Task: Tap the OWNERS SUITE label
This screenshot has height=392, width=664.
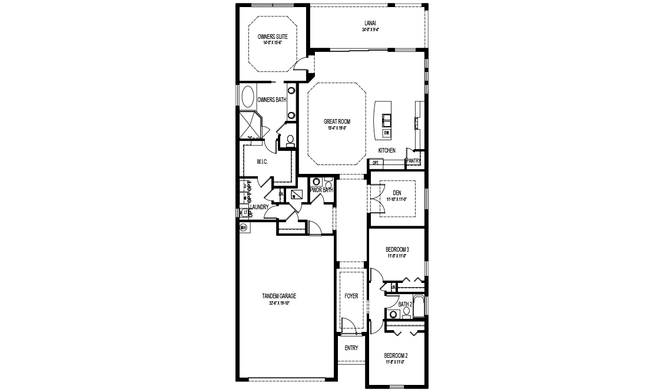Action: [x=272, y=37]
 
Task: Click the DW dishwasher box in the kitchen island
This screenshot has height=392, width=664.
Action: [x=386, y=133]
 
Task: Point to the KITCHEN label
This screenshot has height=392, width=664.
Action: [x=387, y=151]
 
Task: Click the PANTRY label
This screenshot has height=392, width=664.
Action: [x=413, y=160]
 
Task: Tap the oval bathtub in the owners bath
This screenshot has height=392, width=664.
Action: [x=248, y=97]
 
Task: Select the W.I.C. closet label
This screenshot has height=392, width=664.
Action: [x=263, y=162]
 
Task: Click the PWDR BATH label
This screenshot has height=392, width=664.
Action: [x=321, y=190]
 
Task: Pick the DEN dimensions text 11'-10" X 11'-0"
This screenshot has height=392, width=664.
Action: [x=397, y=199]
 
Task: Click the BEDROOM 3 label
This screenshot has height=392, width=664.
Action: [x=397, y=249]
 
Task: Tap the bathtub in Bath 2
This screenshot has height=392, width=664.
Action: [x=419, y=305]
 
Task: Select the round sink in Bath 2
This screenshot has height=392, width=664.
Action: [x=392, y=314]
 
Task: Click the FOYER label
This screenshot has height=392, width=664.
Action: [x=351, y=296]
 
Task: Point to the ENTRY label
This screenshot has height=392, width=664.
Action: [x=351, y=348]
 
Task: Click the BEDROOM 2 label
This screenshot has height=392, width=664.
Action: [x=396, y=355]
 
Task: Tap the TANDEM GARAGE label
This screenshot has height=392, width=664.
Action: [x=279, y=296]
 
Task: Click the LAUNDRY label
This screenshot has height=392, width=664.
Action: [x=259, y=207]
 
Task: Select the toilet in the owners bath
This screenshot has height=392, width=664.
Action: [x=290, y=140]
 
